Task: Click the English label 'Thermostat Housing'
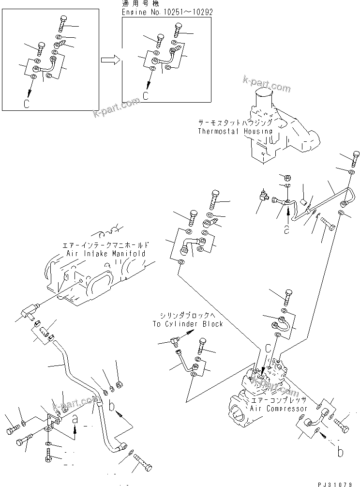tap(235, 131)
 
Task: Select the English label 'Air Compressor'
tap(279, 409)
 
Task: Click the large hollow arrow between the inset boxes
tap(110, 60)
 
